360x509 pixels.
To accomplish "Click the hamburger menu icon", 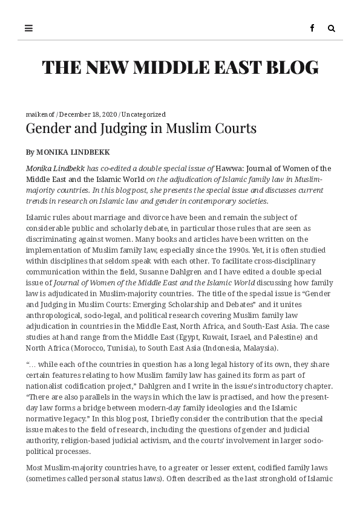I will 28,28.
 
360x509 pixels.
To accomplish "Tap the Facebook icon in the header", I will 312,28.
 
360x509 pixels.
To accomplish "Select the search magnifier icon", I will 332,28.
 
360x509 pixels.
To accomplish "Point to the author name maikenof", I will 40,114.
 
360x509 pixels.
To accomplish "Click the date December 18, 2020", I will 88,114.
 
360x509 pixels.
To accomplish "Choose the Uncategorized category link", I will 143,114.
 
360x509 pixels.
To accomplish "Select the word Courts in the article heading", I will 237,128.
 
